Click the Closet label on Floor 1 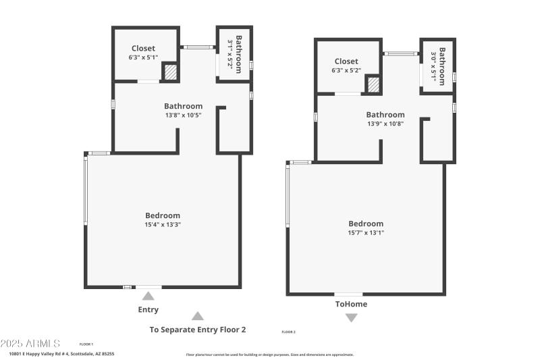[x=143, y=48]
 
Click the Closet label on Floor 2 [x=346, y=61]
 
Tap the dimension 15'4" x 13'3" [x=163, y=224]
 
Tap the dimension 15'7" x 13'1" [x=366, y=232]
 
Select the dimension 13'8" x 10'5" [x=183, y=115]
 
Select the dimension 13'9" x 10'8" [x=385, y=124]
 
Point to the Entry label [x=148, y=309]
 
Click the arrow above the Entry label [x=148, y=296]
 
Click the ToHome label [x=351, y=304]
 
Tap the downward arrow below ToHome [x=351, y=317]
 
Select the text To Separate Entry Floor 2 [x=197, y=330]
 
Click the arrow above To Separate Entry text [x=197, y=315]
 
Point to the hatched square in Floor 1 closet [x=171, y=72]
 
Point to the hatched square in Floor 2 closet [x=373, y=84]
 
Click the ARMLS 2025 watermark [x=30, y=344]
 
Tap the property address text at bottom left [x=61, y=353]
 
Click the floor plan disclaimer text [x=269, y=355]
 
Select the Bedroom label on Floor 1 [x=163, y=215]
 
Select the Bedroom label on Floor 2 [x=366, y=224]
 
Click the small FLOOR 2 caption [x=288, y=332]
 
